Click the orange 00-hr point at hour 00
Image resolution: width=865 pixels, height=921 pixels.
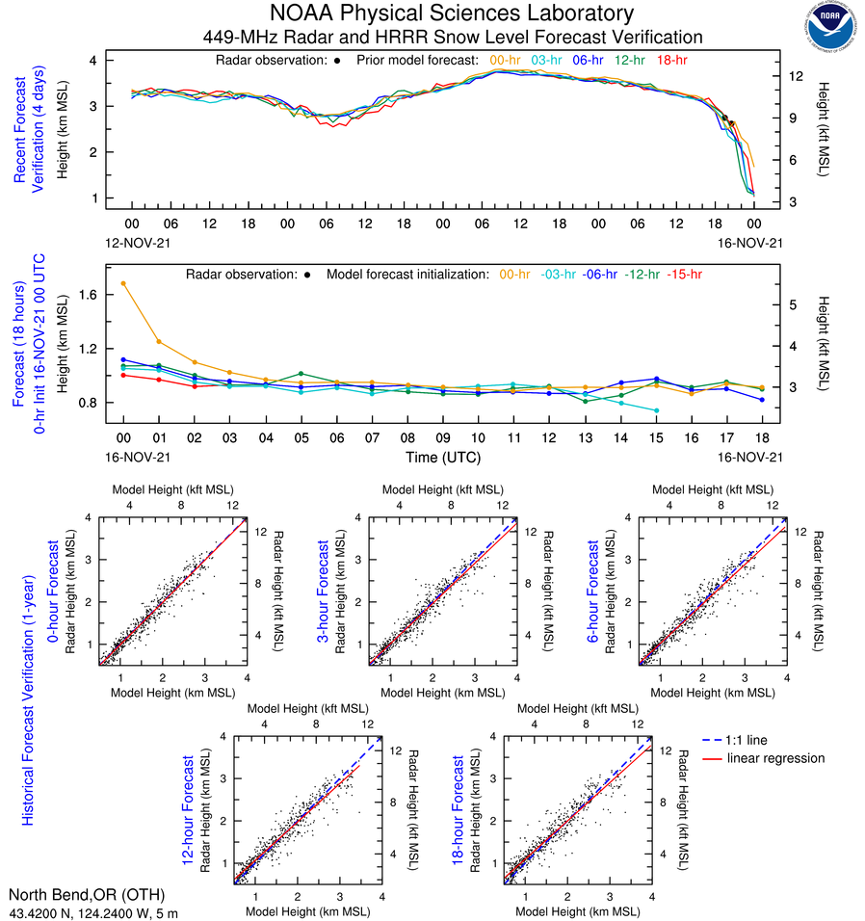point(123,283)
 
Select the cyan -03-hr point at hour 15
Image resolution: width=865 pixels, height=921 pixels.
point(657,410)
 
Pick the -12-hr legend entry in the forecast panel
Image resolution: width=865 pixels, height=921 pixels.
point(644,274)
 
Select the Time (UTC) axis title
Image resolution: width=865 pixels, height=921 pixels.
point(443,457)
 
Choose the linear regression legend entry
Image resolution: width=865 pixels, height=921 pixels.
point(776,758)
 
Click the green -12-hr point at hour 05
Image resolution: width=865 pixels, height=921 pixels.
point(301,374)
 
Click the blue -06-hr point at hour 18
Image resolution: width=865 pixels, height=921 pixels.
point(762,400)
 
